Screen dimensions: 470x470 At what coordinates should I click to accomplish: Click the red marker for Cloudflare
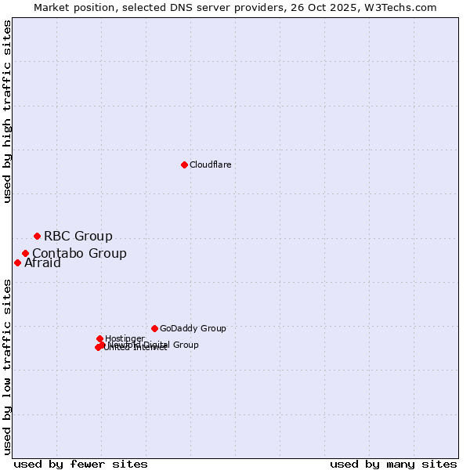pyautogui.click(x=184, y=164)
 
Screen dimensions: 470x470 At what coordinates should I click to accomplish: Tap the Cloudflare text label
pyautogui.click(x=210, y=164)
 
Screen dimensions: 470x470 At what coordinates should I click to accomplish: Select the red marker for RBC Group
pyautogui.click(x=37, y=236)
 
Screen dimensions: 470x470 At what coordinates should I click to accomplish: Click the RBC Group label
pyautogui.click(x=78, y=236)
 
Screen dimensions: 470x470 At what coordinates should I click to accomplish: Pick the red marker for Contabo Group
pyautogui.click(x=26, y=253)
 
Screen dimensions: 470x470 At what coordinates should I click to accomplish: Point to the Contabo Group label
pyautogui.click(x=79, y=253)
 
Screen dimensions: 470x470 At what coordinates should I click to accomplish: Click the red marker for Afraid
pyautogui.click(x=17, y=262)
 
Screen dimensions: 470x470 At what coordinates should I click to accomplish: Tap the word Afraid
pyautogui.click(x=42, y=263)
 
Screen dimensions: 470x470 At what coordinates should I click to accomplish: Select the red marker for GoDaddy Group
pyautogui.click(x=154, y=328)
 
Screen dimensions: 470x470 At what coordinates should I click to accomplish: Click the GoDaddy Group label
pyautogui.click(x=192, y=328)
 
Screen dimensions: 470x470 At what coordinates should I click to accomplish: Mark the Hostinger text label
pyautogui.click(x=125, y=338)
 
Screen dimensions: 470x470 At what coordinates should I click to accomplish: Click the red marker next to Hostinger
pyautogui.click(x=99, y=338)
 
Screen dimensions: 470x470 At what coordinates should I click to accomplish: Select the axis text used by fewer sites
pyautogui.click(x=81, y=464)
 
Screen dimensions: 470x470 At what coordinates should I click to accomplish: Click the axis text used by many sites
pyautogui.click(x=393, y=464)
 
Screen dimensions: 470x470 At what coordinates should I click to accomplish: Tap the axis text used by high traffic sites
pyautogui.click(x=8, y=111)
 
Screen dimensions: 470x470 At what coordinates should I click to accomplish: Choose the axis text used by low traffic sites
pyautogui.click(x=8, y=366)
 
